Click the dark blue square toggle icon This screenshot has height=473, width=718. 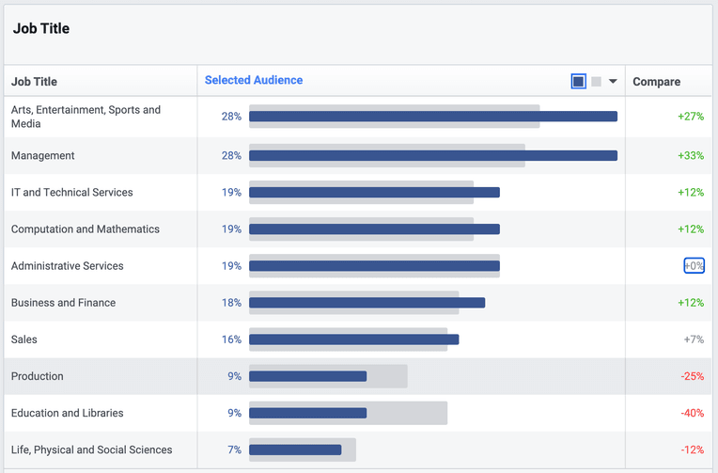click(578, 82)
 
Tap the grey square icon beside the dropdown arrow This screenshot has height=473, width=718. click(596, 82)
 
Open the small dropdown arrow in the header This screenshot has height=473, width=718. click(613, 82)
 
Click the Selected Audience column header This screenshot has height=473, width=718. click(254, 80)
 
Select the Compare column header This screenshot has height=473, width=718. click(656, 82)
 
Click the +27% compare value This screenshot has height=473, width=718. click(691, 117)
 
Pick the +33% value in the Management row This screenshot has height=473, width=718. click(691, 156)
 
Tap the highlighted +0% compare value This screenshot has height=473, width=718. click(695, 266)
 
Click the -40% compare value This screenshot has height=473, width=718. click(693, 413)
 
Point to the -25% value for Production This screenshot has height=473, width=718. click(693, 376)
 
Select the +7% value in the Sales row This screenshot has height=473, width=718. click(694, 339)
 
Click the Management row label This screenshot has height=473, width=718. click(42, 156)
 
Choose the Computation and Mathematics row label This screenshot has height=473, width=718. click(86, 229)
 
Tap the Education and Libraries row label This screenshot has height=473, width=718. click(68, 413)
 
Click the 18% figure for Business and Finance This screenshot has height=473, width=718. click(231, 303)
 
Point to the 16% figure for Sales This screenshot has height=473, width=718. click(231, 339)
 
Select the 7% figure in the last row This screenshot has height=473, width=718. click(234, 450)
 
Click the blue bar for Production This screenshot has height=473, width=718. click(307, 376)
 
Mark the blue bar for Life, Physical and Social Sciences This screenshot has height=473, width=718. click(295, 450)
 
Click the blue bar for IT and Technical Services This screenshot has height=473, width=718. click(375, 193)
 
